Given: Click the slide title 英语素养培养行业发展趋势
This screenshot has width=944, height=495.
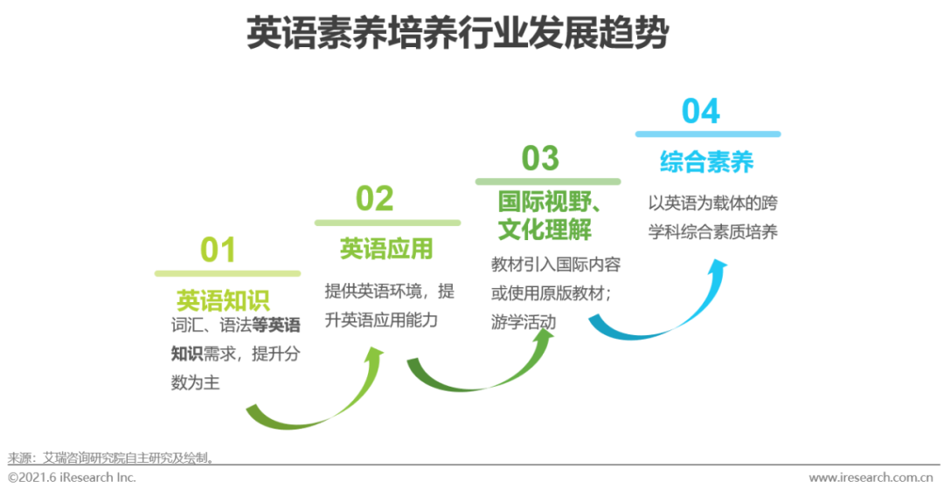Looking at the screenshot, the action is point(457,32).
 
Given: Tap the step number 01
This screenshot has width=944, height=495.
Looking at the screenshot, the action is point(218,250).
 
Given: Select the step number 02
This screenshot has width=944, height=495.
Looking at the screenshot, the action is point(374,198).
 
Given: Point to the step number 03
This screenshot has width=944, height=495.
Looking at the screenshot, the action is point(540,158).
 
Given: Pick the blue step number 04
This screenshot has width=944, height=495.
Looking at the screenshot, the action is point(701,111).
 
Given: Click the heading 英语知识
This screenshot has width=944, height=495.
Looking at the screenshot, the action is point(223,300).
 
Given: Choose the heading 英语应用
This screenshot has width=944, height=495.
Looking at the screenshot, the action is point(386,249).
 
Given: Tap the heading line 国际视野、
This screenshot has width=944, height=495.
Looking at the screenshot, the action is point(549,202).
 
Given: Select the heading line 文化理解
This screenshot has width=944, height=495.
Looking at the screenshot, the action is point(545,229).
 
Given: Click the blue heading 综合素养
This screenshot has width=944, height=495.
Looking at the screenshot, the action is point(707,162).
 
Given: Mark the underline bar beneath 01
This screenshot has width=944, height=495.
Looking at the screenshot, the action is point(227,273).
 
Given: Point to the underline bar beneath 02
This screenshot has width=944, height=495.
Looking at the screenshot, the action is point(388,223).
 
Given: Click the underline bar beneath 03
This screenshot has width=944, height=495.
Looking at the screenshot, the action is point(548,182).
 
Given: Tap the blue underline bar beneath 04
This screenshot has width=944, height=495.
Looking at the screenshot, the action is point(708,134).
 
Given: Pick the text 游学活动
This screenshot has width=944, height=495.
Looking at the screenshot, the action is point(524,322).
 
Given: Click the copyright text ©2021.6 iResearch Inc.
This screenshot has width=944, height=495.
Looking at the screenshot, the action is point(72,478).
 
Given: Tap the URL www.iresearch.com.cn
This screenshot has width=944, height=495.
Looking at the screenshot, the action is point(871,478).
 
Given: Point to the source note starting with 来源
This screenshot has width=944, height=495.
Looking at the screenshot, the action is point(111,458).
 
